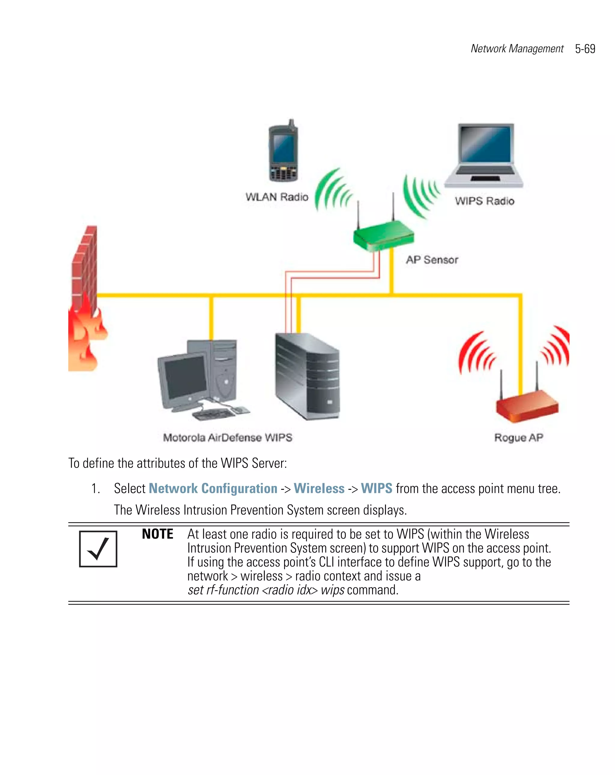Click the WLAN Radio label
tap(277, 197)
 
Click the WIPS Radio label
tap(484, 201)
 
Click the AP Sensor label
tap(432, 260)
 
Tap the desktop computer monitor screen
tap(186, 376)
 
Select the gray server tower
tap(307, 376)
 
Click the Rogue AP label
tap(518, 438)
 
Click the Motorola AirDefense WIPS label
tap(227, 438)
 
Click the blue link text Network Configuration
tap(213, 489)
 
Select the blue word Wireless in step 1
tap(319, 489)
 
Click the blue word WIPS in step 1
tap(376, 489)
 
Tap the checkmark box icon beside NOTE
tap(98, 549)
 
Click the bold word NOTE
tap(157, 534)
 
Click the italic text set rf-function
tap(223, 590)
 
